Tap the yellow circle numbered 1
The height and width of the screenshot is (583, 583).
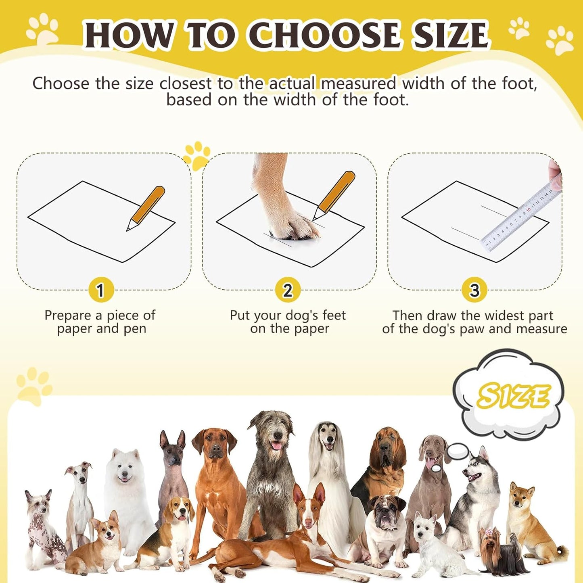pyautogui.click(x=100, y=290)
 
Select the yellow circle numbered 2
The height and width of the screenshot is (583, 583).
pyautogui.click(x=287, y=290)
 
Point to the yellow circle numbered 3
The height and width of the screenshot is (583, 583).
pyautogui.click(x=474, y=290)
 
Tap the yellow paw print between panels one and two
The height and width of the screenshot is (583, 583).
pyautogui.click(x=197, y=155)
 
